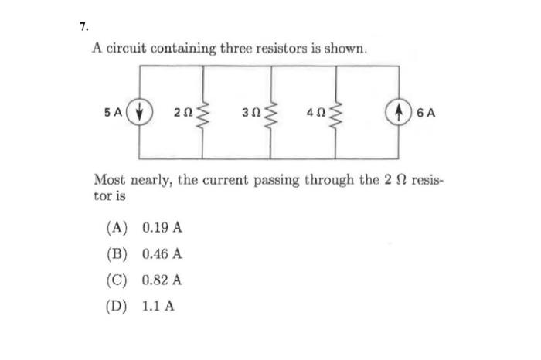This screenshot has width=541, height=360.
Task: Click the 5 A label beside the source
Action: coord(114,111)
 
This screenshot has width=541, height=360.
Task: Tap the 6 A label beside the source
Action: coord(427,111)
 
